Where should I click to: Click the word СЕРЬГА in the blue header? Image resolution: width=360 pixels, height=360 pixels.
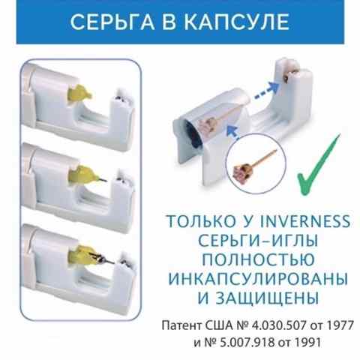(112, 22)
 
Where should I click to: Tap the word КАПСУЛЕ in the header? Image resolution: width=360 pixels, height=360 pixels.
(236, 22)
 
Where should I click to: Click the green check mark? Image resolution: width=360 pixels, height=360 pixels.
(319, 164)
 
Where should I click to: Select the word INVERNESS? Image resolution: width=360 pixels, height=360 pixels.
(304, 221)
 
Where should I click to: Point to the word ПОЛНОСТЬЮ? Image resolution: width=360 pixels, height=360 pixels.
(258, 259)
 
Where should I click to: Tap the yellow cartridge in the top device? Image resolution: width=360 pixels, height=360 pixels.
(80, 94)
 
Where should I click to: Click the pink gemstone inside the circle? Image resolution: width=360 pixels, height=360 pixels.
(240, 171)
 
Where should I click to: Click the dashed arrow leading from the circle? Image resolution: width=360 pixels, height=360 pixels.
(233, 131)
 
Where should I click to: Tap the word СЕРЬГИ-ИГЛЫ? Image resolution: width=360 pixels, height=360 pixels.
(258, 240)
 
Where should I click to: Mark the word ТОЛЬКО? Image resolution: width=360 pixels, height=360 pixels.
(202, 221)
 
